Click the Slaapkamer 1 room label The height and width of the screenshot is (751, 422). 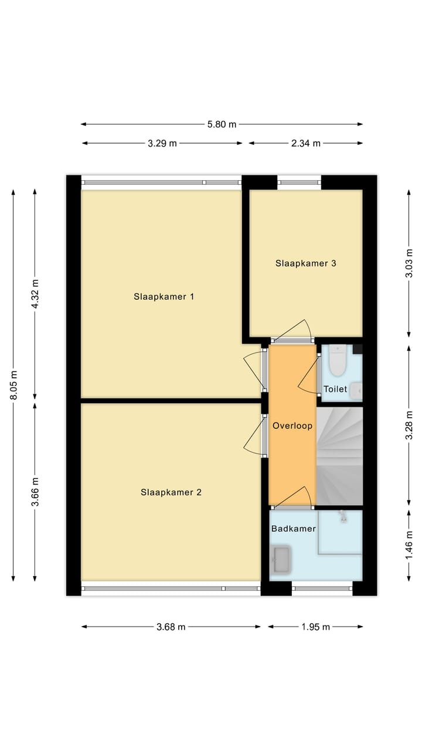(x=164, y=297)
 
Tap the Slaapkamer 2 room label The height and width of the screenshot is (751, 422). (x=171, y=492)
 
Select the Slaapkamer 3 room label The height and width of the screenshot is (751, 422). (x=305, y=263)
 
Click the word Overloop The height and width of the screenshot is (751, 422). (x=292, y=426)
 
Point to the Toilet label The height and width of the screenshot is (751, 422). (x=335, y=389)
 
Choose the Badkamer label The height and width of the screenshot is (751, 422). (x=293, y=529)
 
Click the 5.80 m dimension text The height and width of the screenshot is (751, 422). (x=222, y=124)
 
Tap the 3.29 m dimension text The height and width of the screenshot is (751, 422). (x=162, y=143)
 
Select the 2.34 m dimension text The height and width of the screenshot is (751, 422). (x=306, y=143)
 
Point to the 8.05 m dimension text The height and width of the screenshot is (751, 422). (x=13, y=385)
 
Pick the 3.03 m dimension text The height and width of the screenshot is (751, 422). (x=409, y=263)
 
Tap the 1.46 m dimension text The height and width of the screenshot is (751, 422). (x=409, y=545)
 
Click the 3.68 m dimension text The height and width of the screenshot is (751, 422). (x=171, y=627)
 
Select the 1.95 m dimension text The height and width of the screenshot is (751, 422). (x=315, y=627)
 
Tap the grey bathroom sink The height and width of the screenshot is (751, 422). (x=281, y=560)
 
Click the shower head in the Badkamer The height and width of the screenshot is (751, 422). (x=343, y=516)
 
